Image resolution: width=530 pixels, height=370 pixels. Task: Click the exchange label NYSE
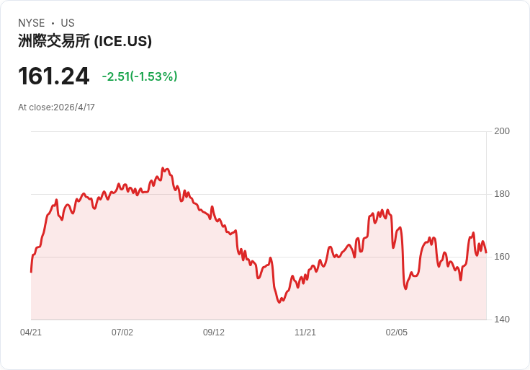pos(32,23)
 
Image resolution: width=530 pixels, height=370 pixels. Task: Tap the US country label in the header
pos(68,23)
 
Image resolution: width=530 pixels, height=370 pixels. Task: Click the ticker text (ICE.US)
pos(123,41)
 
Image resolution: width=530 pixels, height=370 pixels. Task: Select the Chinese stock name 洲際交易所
pos(54,41)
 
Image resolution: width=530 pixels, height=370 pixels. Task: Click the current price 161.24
pos(54,76)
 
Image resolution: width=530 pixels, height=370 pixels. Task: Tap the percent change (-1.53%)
pos(153,76)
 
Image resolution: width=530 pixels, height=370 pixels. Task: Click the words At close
pos(35,107)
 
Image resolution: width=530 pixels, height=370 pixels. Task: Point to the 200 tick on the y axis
pos(501,131)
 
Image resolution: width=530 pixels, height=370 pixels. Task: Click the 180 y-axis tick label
pos(501,194)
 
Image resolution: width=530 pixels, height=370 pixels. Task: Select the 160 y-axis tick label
pos(501,257)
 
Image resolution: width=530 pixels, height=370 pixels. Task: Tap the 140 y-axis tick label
pos(501,320)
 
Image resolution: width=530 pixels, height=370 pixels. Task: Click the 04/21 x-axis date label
pos(31,332)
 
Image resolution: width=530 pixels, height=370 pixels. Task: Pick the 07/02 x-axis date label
pos(122,332)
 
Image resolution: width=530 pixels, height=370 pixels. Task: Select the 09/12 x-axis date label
pos(214,332)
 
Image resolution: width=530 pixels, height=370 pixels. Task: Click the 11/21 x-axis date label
pos(305,332)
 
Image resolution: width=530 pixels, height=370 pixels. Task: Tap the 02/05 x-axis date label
pos(397,332)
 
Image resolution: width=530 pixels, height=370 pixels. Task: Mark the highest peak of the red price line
pos(163,168)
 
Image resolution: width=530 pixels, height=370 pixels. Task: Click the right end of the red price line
pos(486,252)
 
